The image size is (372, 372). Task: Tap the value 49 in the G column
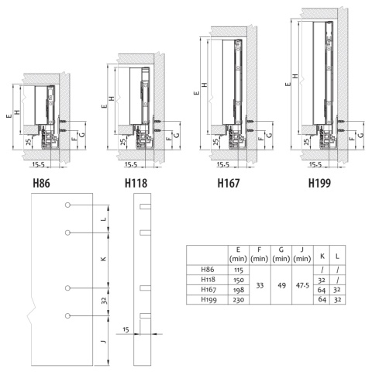tap(281, 284)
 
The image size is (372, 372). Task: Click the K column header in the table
tap(322, 253)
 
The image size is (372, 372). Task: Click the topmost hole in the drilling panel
tap(69, 205)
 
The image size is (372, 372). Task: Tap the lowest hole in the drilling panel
tap(69, 315)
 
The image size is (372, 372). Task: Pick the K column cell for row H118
tap(322, 279)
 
